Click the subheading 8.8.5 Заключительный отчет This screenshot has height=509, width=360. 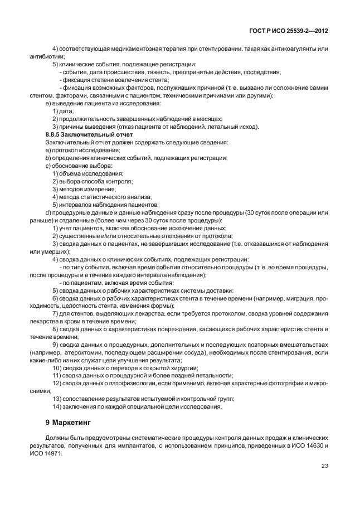[89, 135]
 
